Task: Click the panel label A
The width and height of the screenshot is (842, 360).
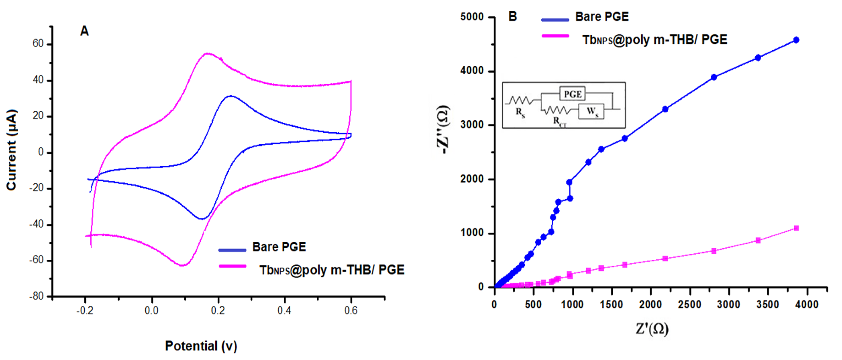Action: [84, 31]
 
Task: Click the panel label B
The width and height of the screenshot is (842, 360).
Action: [513, 16]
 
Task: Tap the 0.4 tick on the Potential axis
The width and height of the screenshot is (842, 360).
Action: [284, 310]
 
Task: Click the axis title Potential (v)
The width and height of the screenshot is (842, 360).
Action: [201, 346]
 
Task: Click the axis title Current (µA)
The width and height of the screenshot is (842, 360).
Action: [11, 150]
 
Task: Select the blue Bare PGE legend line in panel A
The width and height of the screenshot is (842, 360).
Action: [232, 250]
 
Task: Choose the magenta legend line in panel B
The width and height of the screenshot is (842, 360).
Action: [555, 36]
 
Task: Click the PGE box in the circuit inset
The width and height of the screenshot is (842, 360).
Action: [572, 94]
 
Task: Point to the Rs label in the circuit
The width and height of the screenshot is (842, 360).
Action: [520, 113]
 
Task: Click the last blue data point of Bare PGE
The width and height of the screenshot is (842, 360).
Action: [796, 40]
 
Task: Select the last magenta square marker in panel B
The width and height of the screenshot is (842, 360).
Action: [796, 228]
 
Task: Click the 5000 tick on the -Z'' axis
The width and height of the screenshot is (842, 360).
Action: [472, 17]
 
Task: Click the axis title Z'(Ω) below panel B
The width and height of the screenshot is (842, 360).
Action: [652, 329]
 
